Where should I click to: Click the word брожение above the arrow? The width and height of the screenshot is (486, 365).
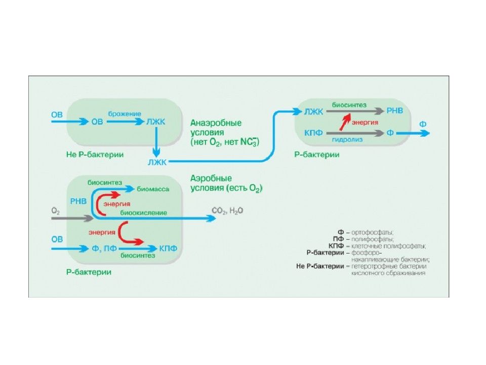(x=125, y=114)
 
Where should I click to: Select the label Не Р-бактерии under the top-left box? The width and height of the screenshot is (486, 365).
(x=95, y=155)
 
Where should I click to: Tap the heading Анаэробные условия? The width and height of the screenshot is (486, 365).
(x=216, y=128)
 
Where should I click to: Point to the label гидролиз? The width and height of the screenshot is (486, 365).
(x=347, y=140)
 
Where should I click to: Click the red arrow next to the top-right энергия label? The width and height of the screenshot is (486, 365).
(x=345, y=122)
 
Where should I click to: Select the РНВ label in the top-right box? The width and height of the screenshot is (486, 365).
(x=394, y=111)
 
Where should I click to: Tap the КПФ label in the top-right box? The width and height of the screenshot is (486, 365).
(x=313, y=133)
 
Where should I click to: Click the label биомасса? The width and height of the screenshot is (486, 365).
(x=153, y=189)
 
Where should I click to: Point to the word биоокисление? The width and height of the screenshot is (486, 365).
(x=143, y=213)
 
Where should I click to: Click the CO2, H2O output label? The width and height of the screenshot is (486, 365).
(x=227, y=211)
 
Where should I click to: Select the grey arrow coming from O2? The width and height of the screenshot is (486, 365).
(x=72, y=218)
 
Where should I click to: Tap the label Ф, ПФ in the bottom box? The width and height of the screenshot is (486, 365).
(x=104, y=248)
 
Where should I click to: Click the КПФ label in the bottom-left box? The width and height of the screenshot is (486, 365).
(x=168, y=248)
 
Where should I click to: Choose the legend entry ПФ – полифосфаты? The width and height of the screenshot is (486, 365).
(x=363, y=239)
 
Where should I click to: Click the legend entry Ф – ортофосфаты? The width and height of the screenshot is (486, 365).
(x=366, y=233)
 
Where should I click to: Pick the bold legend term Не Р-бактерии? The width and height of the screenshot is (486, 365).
(x=320, y=266)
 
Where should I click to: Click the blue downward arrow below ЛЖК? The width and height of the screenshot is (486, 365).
(x=156, y=142)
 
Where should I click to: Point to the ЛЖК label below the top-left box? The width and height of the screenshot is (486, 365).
(x=157, y=162)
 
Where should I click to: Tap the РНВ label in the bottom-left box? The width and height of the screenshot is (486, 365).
(x=78, y=201)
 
